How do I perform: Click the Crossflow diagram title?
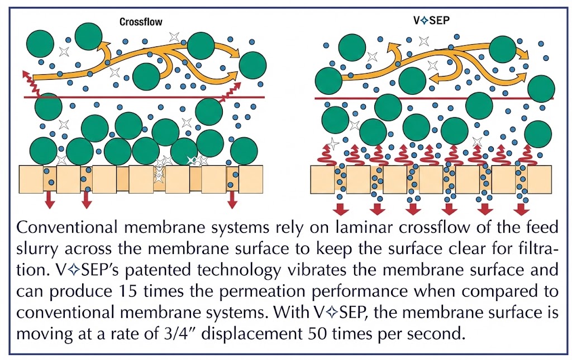click(x=141, y=22)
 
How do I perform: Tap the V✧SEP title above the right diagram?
click(x=431, y=21)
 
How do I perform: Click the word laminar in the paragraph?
click(x=364, y=227)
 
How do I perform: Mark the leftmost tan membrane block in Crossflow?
click(x=31, y=179)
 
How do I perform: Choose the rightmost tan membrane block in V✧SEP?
click(x=540, y=179)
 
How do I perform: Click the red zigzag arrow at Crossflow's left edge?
click(x=31, y=83)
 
